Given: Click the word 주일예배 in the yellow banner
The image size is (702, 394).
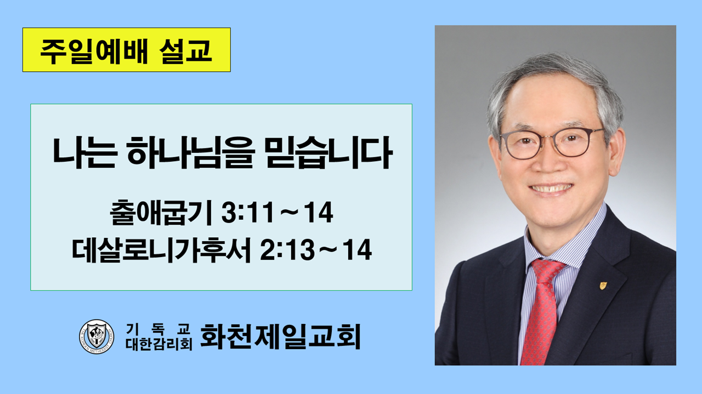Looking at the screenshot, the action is click(x=94, y=50).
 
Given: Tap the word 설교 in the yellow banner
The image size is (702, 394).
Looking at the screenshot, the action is click(x=185, y=50).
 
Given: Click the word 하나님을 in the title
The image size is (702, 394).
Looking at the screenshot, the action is click(x=190, y=152).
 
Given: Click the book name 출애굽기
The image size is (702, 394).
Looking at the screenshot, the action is click(x=161, y=213).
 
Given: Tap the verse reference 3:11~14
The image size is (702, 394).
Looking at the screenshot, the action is click(x=277, y=213).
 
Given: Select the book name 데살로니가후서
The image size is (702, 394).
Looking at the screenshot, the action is click(x=161, y=250).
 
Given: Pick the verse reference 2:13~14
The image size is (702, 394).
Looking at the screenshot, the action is click(x=316, y=250).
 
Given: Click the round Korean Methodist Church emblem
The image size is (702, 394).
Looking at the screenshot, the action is click(x=97, y=336).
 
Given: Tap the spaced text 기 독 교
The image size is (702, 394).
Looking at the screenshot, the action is click(x=158, y=329).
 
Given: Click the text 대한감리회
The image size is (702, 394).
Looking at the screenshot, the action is click(x=158, y=344).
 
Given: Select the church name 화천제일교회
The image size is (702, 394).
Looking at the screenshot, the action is click(x=280, y=336).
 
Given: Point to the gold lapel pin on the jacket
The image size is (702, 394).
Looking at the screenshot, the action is click(x=603, y=285).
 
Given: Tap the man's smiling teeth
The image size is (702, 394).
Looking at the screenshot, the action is click(x=551, y=188).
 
